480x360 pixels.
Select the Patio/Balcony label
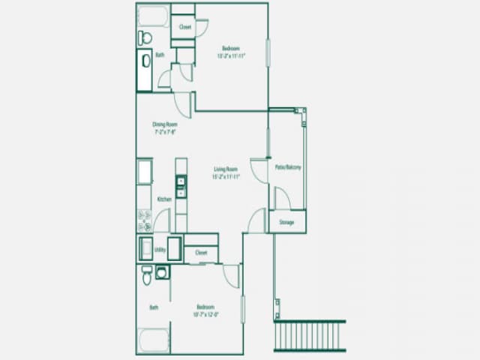(x=288, y=166)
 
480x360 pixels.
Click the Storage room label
(x=287, y=222)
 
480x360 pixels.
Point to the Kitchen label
(x=164, y=199)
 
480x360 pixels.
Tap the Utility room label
(x=159, y=249)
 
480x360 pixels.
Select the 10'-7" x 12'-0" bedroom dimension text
(x=207, y=314)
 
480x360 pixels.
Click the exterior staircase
(x=310, y=335)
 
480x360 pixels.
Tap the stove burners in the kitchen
(x=145, y=219)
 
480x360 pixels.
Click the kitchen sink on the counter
(x=181, y=186)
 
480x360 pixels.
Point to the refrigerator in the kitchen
(x=145, y=171)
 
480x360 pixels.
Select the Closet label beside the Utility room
(x=201, y=253)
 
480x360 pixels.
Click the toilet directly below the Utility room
(x=147, y=275)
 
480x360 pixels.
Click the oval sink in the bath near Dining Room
(x=145, y=61)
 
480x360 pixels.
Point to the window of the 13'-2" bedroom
(x=268, y=53)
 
